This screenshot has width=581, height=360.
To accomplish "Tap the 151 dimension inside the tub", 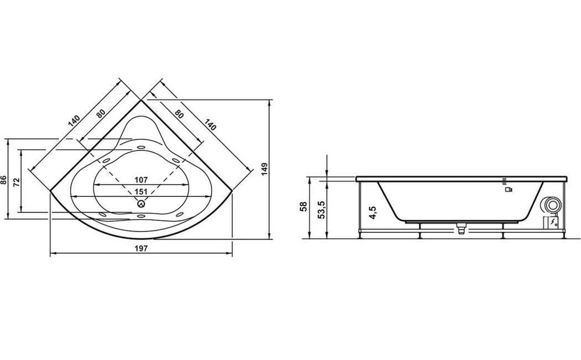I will coord(140,192).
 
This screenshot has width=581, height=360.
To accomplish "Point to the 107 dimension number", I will coord(140,179).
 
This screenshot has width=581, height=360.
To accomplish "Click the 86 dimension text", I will coord(4,180).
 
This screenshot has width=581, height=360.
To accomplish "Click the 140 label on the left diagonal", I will coord(73,121).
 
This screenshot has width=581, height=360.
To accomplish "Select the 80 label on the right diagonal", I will coord(179,114).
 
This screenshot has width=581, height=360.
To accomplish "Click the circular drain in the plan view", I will coord(141,204).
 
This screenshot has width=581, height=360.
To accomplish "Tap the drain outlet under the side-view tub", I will coord(461,229).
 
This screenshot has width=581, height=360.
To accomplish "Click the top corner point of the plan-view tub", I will coord(141,99).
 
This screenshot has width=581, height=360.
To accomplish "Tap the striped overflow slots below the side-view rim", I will coord(505,180).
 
